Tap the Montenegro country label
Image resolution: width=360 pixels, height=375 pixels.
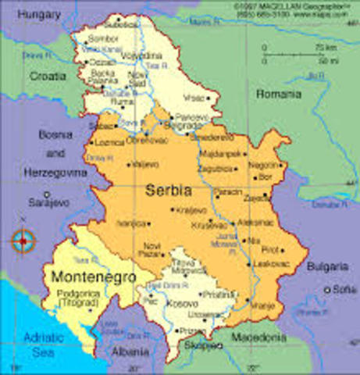pos(92,277)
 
